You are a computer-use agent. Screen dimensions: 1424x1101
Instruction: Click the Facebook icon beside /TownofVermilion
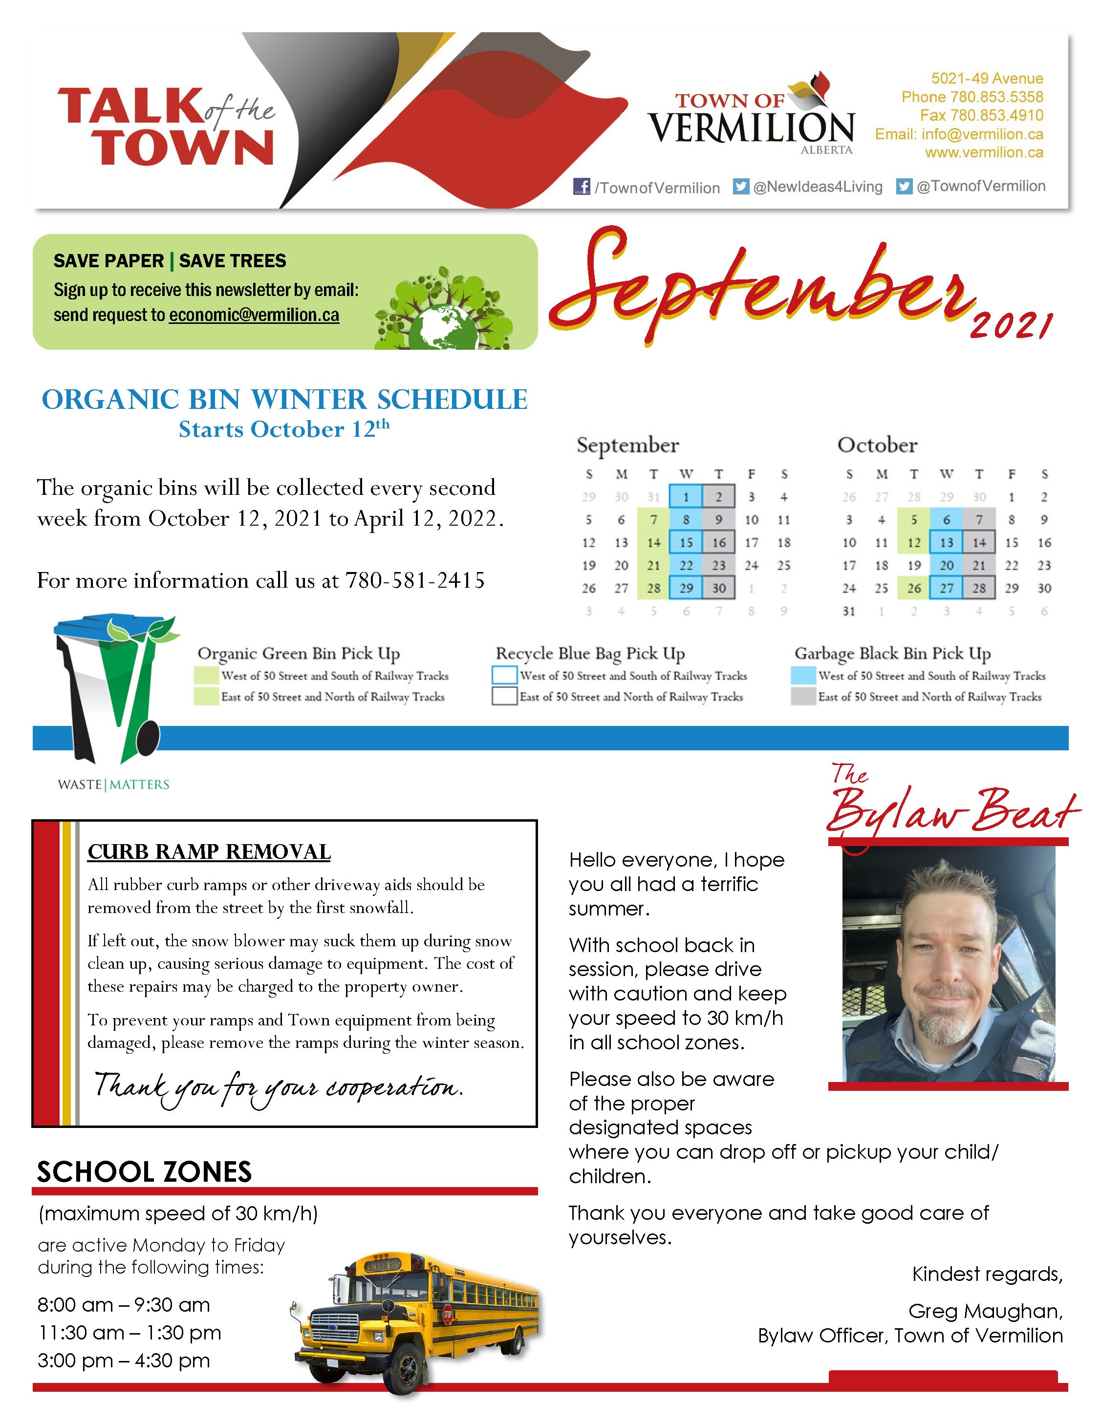click(x=581, y=187)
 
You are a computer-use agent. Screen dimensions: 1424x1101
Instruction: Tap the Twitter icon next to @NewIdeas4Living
click(x=740, y=187)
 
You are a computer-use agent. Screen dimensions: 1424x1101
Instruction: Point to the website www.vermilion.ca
click(x=984, y=152)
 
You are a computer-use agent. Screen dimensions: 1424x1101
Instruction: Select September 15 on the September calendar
click(x=686, y=542)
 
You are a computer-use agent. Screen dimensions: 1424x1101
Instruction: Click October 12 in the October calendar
click(x=914, y=542)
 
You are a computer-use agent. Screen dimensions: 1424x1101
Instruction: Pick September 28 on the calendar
click(x=653, y=588)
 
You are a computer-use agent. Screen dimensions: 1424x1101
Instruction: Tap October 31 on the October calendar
click(x=848, y=611)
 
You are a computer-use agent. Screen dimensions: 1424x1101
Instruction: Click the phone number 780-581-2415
click(x=415, y=580)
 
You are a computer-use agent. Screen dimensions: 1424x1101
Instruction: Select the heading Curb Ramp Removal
click(x=209, y=851)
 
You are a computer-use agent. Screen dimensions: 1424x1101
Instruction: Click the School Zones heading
click(x=144, y=1171)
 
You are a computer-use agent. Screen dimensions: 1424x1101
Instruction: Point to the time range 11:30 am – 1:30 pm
click(x=129, y=1333)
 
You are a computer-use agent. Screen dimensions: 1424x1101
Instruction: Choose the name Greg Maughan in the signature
click(x=985, y=1311)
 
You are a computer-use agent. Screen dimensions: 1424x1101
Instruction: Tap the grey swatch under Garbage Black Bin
click(x=803, y=696)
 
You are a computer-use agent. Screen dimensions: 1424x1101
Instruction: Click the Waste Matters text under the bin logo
click(x=113, y=785)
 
